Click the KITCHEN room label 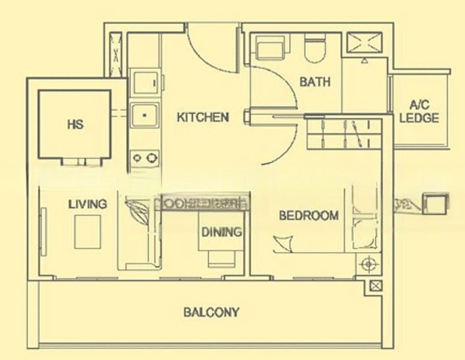click(203, 117)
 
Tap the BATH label click(315, 82)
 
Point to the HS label click(75, 125)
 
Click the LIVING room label click(87, 204)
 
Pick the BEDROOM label click(308, 215)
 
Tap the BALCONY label click(211, 312)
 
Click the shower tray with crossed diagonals click(366, 43)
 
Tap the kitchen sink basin click(144, 114)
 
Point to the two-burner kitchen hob click(145, 158)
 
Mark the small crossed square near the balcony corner click(376, 286)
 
